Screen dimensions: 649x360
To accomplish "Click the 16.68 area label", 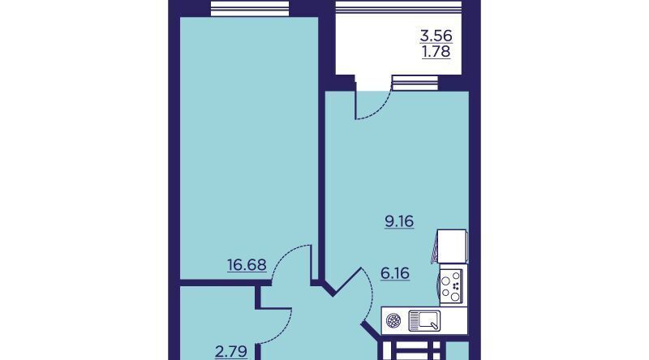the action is coord(247,265).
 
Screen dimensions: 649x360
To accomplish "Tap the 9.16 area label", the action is coord(399,221).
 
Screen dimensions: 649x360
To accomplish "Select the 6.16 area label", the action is coord(395,273).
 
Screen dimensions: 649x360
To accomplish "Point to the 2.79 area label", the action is coord(231,351).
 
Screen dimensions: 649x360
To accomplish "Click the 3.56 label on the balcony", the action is coord(436,36).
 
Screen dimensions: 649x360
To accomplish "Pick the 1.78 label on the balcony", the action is coord(436,52).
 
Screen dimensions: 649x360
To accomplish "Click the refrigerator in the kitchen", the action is coord(452,246).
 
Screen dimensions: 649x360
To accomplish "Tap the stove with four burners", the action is coord(452,285).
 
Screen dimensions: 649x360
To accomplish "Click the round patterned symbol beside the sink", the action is coord(393,320).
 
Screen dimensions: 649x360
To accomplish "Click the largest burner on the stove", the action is coord(455,296).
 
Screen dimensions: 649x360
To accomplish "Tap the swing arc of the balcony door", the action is coord(379,108).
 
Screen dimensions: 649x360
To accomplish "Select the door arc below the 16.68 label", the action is coord(286,255).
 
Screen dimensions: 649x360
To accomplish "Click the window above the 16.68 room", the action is coord(250,8).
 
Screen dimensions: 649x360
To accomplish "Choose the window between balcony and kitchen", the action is coord(415,83).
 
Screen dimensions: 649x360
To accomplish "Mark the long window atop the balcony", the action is coord(398,7).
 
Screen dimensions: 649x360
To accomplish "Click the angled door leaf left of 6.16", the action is coord(347,282).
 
